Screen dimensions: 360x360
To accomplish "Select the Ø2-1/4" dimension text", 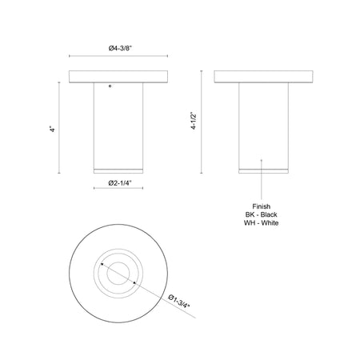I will pyautogui.click(x=118, y=185).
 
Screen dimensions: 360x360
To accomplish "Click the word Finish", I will pyautogui.click(x=262, y=206).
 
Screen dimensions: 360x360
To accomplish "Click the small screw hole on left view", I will pyautogui.click(x=110, y=82).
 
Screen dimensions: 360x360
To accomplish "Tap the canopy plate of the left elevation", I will pyautogui.click(x=119, y=78).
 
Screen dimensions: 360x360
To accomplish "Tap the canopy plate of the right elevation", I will pyautogui.click(x=262, y=78).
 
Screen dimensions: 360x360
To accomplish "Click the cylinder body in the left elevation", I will pyautogui.click(x=119, y=124).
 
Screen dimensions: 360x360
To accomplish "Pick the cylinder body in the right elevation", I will pyautogui.click(x=262, y=124).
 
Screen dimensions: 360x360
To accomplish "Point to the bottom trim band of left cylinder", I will pyautogui.click(x=119, y=170).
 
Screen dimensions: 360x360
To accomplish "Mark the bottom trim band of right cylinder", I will pyautogui.click(x=262, y=170).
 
